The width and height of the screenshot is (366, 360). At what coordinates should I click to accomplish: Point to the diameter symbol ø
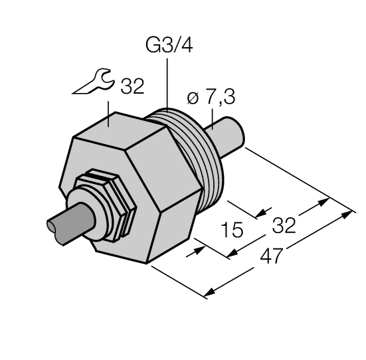click(x=193, y=100)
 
